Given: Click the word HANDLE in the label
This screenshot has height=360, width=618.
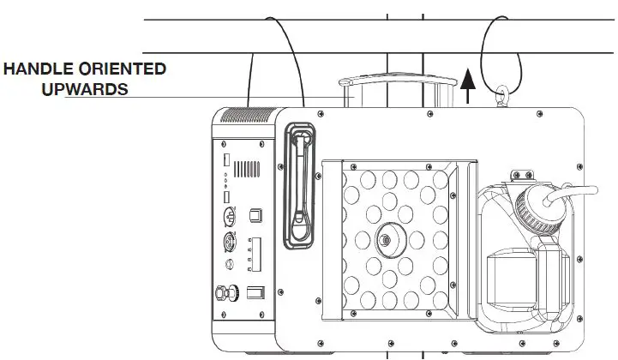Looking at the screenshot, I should (39, 69).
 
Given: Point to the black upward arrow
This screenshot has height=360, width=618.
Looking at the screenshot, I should (467, 87).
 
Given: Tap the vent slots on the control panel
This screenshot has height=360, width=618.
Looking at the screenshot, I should (248, 167).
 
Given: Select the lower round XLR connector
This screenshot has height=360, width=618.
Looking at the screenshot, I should (229, 243).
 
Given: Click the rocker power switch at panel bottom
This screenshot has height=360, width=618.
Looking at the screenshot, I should (255, 293).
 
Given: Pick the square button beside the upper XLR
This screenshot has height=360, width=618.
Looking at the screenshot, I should (254, 214).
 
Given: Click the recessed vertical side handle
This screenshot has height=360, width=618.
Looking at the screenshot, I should (298, 184).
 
